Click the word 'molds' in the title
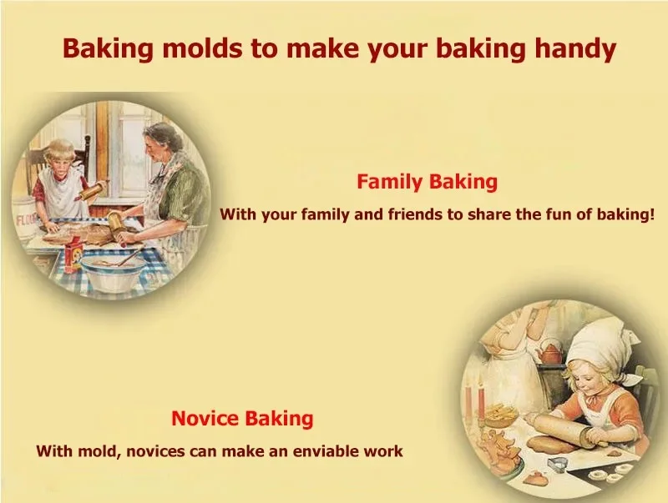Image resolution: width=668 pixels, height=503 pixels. point(202,48)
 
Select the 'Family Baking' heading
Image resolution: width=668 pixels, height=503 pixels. point(427,182)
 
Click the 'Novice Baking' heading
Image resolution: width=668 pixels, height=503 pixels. point(242,418)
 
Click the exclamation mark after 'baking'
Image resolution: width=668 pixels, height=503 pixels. point(650,214)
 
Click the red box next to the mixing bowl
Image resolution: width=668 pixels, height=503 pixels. point(73,254)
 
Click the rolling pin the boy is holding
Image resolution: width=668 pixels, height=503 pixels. point(93,191)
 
